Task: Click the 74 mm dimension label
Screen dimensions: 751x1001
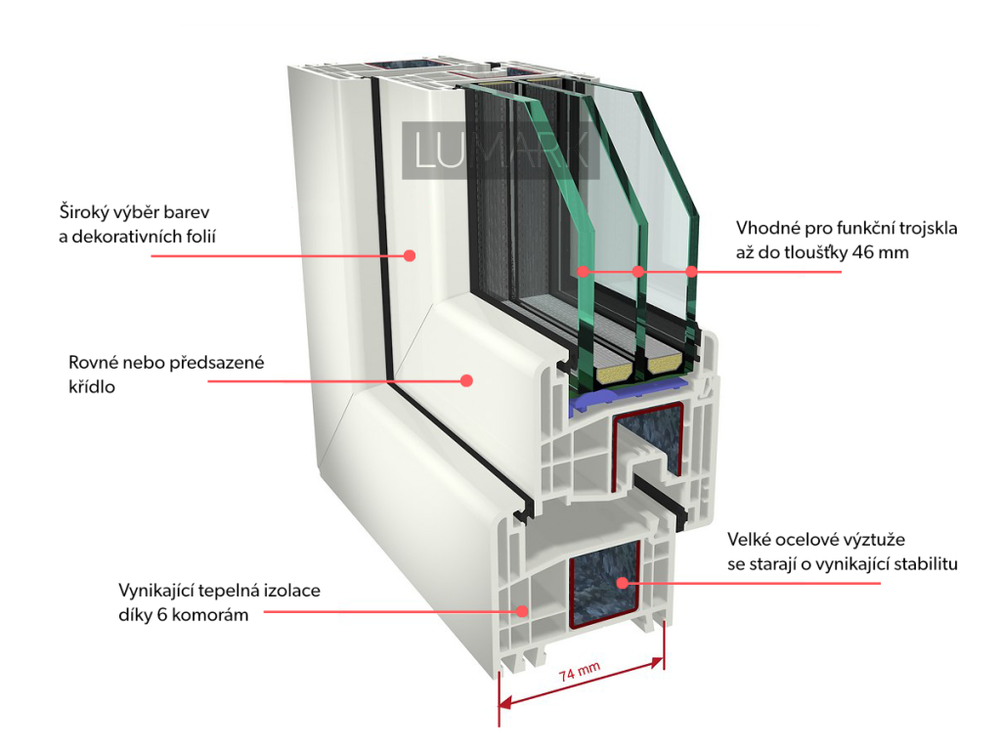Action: coord(580,673)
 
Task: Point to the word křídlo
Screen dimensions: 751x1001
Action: coord(92,386)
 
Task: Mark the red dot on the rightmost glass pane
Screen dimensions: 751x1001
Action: coord(692,271)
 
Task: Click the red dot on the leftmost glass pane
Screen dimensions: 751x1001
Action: coord(582,271)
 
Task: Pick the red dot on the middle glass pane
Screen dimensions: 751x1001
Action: coord(637,271)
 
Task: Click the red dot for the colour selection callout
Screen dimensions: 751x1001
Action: coord(411,256)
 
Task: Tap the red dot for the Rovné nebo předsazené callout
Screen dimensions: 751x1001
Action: coord(467,379)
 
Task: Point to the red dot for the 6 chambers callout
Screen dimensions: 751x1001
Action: coord(523,611)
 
